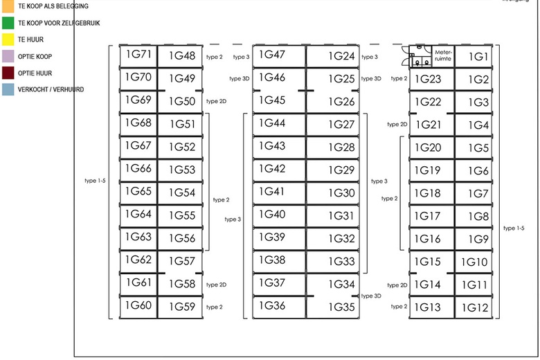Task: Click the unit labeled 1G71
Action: (x=138, y=55)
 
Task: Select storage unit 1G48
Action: (x=181, y=56)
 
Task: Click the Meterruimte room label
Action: (x=442, y=55)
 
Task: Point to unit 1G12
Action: (x=476, y=307)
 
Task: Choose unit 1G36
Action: (x=272, y=305)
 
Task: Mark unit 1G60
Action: (x=138, y=305)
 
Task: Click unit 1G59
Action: (x=181, y=306)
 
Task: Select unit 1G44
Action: (x=272, y=123)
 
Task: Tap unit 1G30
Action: (x=341, y=193)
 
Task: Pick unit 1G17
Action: (x=427, y=216)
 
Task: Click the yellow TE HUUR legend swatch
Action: (x=8, y=39)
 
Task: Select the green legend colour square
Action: (x=8, y=23)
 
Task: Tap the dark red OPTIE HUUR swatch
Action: (x=8, y=73)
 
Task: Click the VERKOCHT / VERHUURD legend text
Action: (x=51, y=89)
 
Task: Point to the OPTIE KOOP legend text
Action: (x=35, y=56)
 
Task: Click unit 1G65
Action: (x=138, y=191)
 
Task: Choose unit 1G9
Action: (x=478, y=239)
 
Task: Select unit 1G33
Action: (x=341, y=261)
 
